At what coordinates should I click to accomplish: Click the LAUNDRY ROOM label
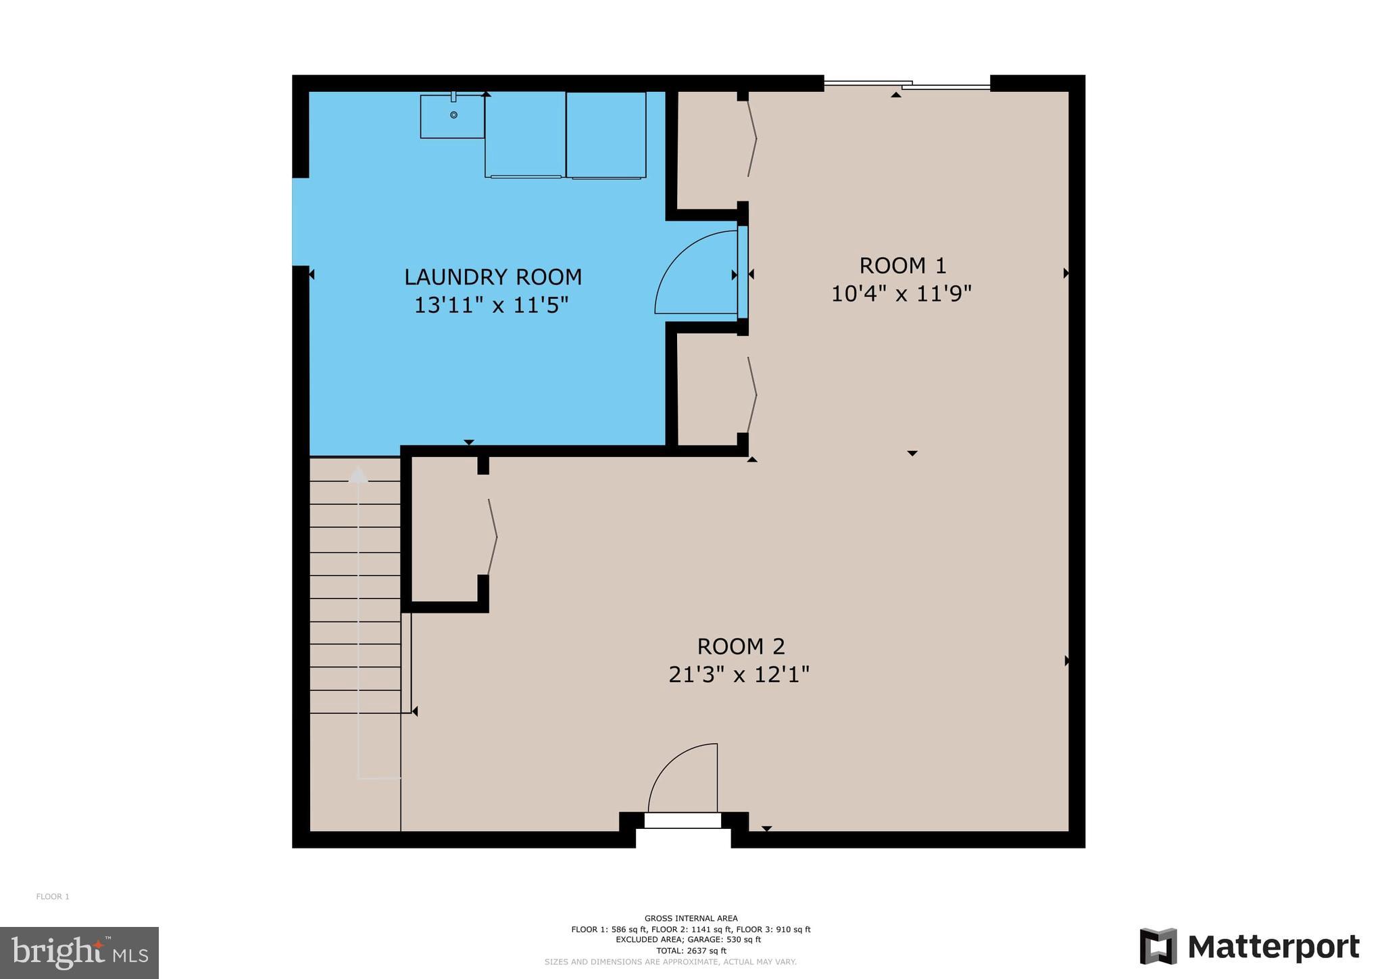(x=493, y=277)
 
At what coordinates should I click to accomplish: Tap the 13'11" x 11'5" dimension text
(x=491, y=306)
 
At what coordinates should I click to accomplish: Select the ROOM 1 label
(x=901, y=266)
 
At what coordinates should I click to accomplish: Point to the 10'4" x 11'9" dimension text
(x=901, y=294)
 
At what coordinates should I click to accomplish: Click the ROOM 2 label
(x=741, y=646)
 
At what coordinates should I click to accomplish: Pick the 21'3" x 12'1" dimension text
(x=739, y=675)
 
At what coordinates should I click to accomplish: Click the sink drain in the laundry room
(x=453, y=115)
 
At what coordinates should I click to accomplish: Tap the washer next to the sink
(x=524, y=134)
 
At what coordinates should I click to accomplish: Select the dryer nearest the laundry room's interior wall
(x=605, y=134)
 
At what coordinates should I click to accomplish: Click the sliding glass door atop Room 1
(x=906, y=85)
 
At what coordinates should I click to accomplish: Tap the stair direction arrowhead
(x=358, y=475)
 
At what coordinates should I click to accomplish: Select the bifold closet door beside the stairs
(x=493, y=537)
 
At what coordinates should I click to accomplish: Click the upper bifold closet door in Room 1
(x=752, y=139)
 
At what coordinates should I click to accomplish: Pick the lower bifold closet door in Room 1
(x=752, y=394)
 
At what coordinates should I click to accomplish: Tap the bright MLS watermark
(x=79, y=953)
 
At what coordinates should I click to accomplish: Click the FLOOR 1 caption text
(x=53, y=897)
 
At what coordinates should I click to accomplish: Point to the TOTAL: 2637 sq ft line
(x=691, y=951)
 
